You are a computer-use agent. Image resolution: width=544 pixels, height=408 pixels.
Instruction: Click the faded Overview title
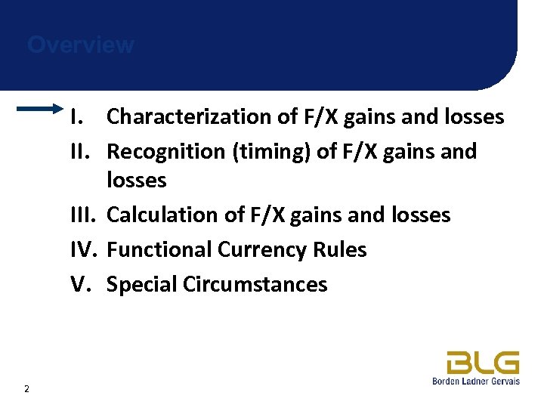(x=81, y=45)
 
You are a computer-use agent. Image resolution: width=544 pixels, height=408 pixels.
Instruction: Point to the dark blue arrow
(x=42, y=110)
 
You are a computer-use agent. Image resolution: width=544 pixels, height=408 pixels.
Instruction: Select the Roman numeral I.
(x=76, y=117)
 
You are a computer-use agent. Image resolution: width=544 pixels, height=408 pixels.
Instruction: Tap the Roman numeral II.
(x=80, y=152)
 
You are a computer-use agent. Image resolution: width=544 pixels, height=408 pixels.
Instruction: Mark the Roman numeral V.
(x=80, y=285)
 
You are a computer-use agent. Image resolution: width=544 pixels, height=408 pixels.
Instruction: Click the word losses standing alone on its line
(x=137, y=181)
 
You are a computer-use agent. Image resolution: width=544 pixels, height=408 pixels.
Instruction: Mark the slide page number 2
(x=27, y=389)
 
